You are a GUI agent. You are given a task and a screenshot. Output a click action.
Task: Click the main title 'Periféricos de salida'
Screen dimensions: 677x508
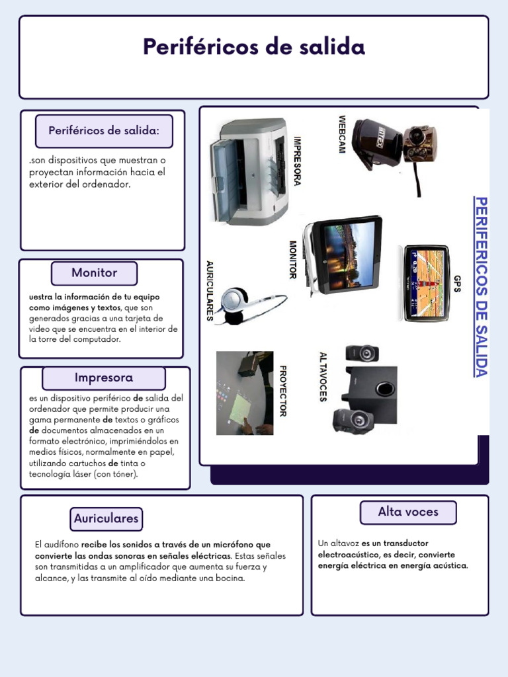click(x=254, y=47)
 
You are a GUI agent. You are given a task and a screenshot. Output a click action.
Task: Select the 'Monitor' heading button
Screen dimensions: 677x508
click(x=94, y=273)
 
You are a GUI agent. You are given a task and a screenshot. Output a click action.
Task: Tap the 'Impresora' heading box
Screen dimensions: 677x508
click(x=104, y=378)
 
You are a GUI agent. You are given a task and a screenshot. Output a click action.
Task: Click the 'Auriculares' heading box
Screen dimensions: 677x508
click(x=106, y=519)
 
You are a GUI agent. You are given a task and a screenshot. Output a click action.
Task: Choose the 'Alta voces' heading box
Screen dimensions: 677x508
click(x=408, y=512)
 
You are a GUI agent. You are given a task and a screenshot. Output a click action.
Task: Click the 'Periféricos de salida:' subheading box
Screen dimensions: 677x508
click(x=104, y=131)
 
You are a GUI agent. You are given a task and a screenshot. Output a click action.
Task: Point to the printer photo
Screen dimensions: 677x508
click(x=249, y=172)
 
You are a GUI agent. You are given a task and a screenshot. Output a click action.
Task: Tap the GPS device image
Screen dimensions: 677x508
click(x=427, y=283)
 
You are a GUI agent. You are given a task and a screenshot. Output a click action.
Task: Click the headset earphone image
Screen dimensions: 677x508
click(x=245, y=305)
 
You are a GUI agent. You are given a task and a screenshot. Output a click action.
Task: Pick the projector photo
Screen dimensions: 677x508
click(x=245, y=393)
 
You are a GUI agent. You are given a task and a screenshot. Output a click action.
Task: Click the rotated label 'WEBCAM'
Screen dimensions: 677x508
click(x=342, y=135)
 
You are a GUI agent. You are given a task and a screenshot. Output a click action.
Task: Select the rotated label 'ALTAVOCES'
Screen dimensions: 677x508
click(x=323, y=377)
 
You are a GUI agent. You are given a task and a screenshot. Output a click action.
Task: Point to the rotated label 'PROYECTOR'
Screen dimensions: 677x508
click(x=282, y=391)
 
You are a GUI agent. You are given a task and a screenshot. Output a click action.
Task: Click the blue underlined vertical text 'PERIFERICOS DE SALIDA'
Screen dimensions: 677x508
click(x=481, y=286)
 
